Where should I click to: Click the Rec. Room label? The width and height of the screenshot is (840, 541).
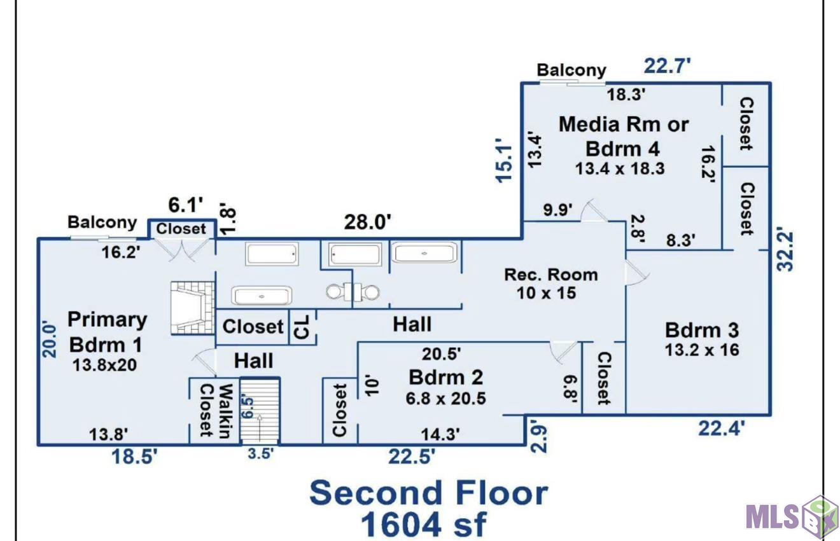[551, 275]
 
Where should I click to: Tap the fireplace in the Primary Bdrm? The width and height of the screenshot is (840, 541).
[193, 308]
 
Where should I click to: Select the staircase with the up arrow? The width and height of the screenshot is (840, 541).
[260, 411]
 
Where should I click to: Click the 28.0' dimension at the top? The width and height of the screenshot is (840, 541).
[368, 222]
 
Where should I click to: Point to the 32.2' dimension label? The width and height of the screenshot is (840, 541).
[785, 249]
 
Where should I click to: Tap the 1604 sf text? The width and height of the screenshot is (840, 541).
[423, 525]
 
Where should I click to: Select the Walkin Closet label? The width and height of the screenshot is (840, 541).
[216, 411]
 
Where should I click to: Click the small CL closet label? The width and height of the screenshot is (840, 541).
[302, 327]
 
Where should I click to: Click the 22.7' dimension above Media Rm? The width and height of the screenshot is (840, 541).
[667, 66]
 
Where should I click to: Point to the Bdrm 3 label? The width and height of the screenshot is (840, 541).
[702, 331]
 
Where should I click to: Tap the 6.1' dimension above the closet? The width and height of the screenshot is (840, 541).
[185, 205]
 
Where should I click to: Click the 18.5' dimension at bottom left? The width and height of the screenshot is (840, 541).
[135, 456]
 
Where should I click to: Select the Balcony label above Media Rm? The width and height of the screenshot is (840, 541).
[571, 70]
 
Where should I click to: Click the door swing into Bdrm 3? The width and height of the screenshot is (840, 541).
[637, 274]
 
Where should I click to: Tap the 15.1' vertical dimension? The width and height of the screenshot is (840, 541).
[503, 160]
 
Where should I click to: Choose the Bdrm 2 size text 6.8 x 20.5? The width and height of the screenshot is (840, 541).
[445, 398]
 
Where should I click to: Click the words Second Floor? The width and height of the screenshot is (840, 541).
[429, 493]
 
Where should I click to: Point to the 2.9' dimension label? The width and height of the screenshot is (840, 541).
[538, 439]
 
